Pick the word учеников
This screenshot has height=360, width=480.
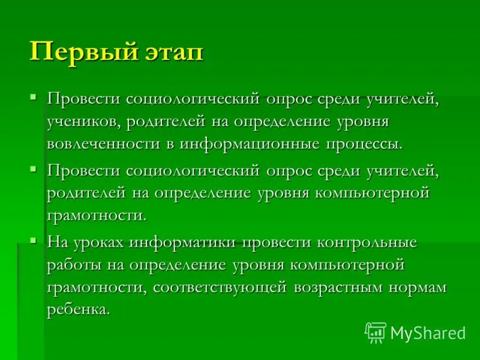pos(84,122)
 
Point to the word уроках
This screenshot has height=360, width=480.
pos(99,242)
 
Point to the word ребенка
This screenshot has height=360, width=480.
pos(79,310)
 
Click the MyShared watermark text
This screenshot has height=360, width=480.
pos(428,332)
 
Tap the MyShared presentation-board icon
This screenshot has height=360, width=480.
pos(376,331)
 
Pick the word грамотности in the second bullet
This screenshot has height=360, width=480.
pos(96,215)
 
